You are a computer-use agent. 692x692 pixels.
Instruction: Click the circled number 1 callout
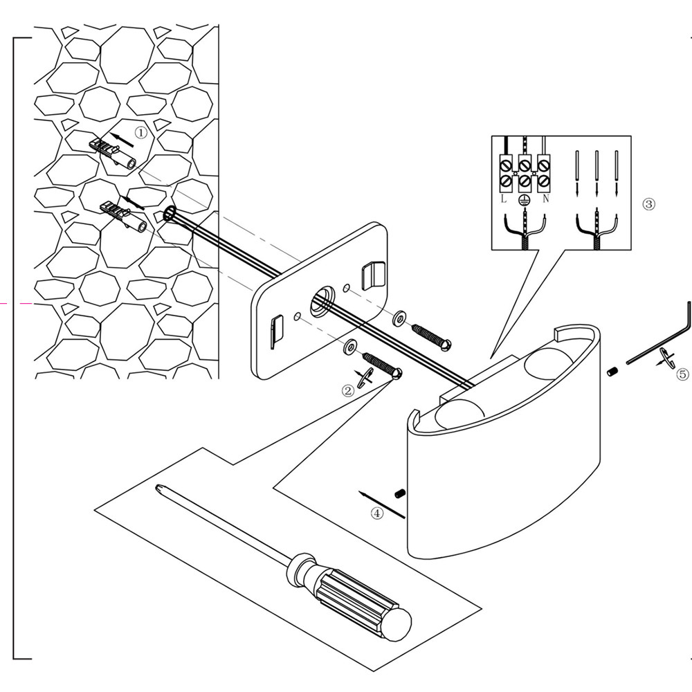pyautogui.click(x=140, y=131)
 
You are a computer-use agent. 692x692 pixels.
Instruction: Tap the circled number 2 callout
pyautogui.click(x=348, y=390)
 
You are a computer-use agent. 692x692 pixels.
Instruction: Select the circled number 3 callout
pyautogui.click(x=648, y=204)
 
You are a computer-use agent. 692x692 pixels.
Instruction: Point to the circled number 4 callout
pyautogui.click(x=376, y=513)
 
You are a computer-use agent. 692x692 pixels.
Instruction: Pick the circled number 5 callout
pyautogui.click(x=682, y=374)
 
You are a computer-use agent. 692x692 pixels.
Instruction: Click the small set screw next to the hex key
pyautogui.click(x=612, y=372)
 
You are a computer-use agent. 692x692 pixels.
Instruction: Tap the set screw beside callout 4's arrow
pyautogui.click(x=399, y=493)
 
